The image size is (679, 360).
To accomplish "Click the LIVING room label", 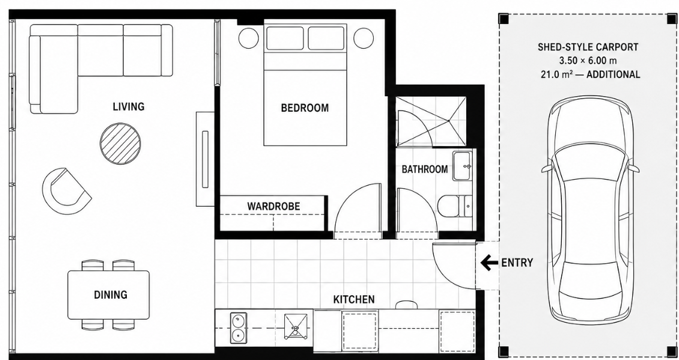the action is (x=129, y=106).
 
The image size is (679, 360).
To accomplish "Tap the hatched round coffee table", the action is (x=121, y=144).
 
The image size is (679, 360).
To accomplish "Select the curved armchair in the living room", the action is (x=65, y=191).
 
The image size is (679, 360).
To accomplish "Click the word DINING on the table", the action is (x=111, y=295).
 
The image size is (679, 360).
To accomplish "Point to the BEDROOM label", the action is (x=305, y=108).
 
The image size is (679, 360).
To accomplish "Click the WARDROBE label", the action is (x=273, y=206).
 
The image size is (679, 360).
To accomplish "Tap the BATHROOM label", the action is (x=424, y=169).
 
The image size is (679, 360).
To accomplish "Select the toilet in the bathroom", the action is (x=455, y=206).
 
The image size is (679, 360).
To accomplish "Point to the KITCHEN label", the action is (x=354, y=299).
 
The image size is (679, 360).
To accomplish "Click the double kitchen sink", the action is (x=238, y=328).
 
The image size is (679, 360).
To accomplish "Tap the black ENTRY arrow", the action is (x=489, y=263).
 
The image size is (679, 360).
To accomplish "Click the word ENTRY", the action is (x=517, y=263).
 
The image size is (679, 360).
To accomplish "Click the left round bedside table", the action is (x=249, y=38).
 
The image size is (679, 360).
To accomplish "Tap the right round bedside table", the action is (x=364, y=38).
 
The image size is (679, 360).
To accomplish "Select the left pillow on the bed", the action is (x=285, y=38).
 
